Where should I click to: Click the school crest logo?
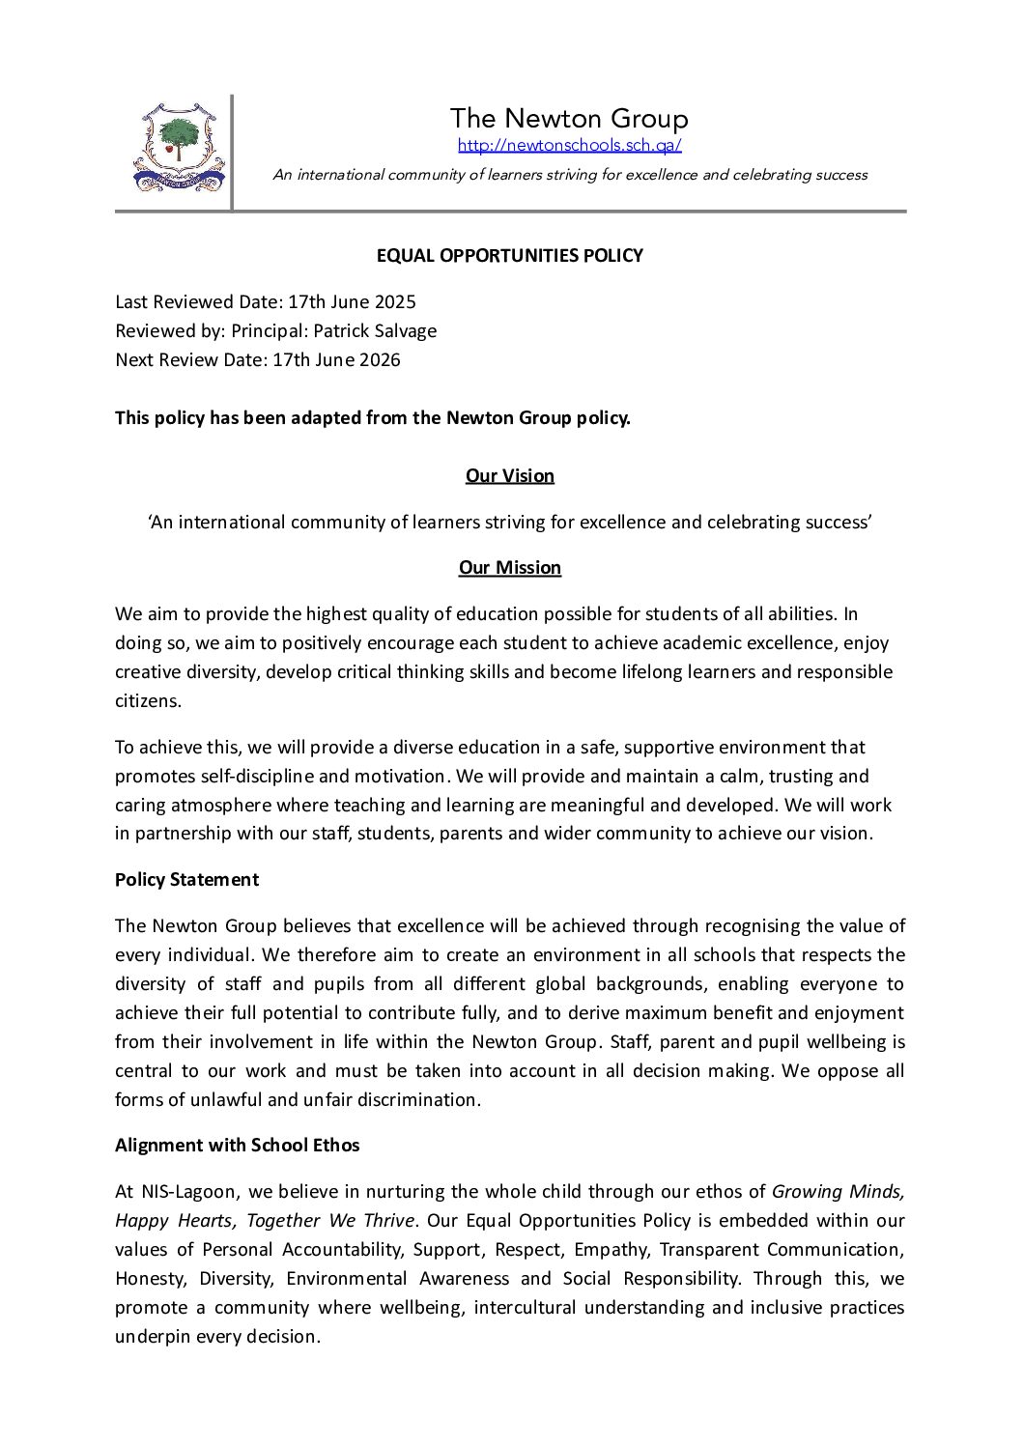point(178,148)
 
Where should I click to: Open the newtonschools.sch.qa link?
point(569,146)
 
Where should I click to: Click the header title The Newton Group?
point(568,119)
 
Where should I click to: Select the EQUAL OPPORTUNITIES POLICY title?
point(509,256)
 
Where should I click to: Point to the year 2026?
point(380,360)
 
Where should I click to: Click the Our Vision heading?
point(509,476)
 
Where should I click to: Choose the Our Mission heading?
point(509,568)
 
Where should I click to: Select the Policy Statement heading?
point(186,880)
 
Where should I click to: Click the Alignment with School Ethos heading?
point(237,1146)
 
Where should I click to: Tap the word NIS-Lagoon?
point(189,1192)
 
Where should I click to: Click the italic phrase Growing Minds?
point(838,1192)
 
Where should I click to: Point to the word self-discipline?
point(257,777)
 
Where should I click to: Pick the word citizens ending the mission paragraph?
point(148,701)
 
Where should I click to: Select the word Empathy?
point(611,1250)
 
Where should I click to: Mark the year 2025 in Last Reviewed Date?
point(395,302)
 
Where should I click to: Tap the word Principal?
point(270,331)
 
